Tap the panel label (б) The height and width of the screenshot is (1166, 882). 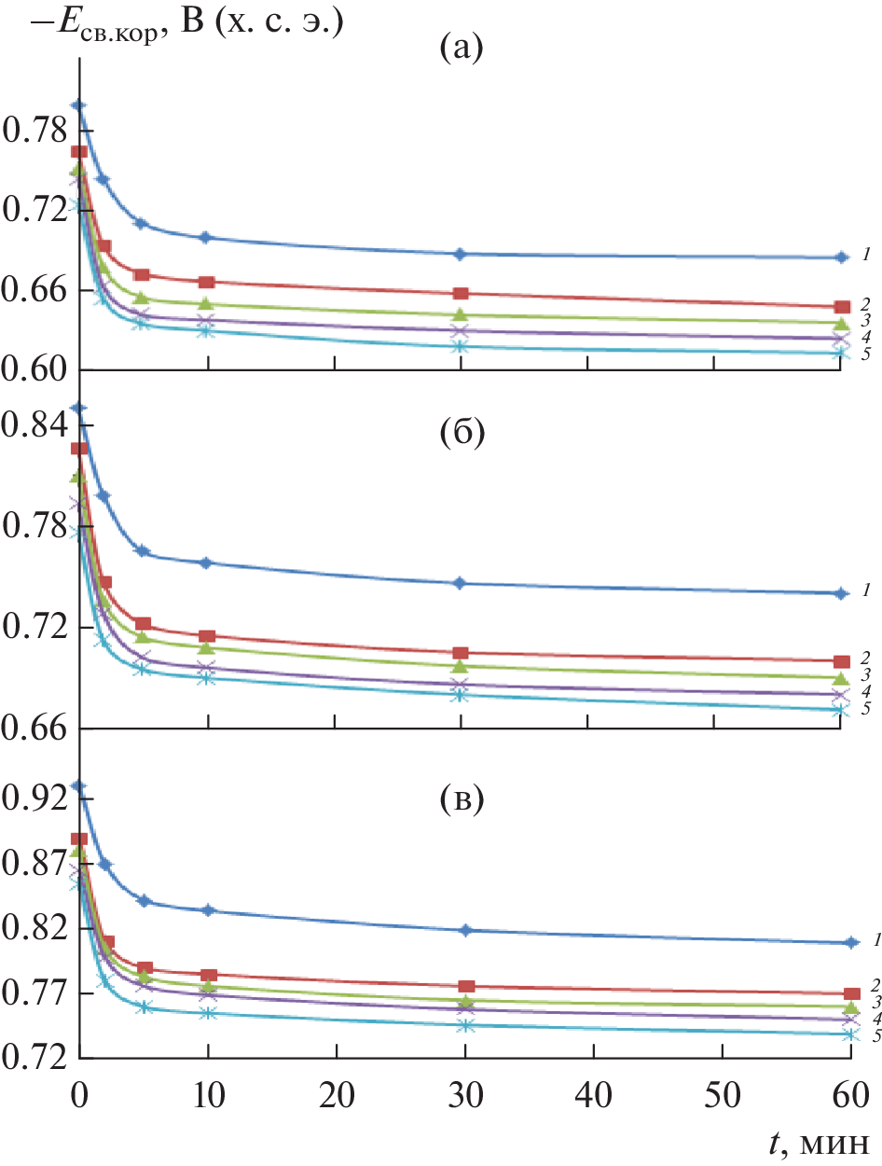462,435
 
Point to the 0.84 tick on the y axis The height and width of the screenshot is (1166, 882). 37,425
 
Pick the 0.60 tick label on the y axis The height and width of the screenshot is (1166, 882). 37,370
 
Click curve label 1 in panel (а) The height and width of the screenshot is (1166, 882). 866,254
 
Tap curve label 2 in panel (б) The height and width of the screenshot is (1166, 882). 866,657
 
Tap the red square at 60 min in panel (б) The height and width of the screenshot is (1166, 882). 841,660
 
